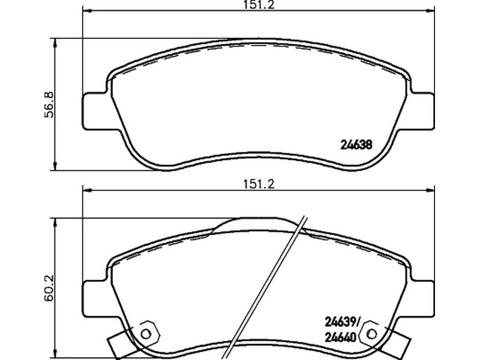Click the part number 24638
point(356,145)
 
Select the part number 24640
point(340,338)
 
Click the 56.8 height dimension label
point(49,104)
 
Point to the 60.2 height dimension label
point(49,287)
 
